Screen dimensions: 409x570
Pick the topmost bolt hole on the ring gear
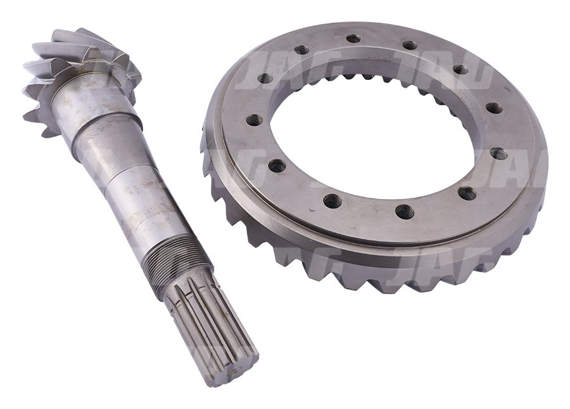coord(353,39)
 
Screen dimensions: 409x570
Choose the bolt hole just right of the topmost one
coord(410,46)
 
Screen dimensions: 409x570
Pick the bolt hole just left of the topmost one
coord(301,50)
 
